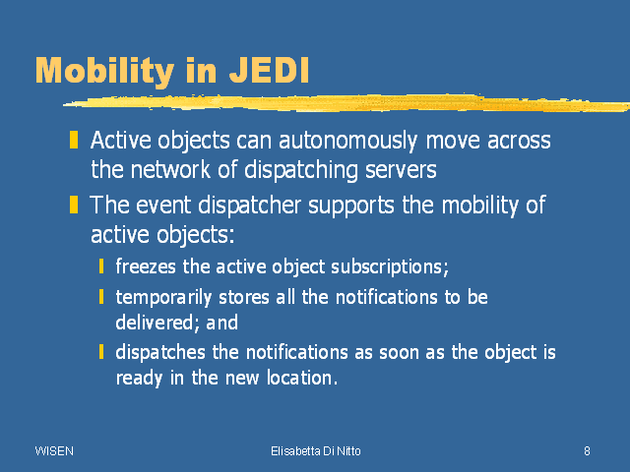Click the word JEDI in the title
[x=269, y=71]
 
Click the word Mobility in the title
[x=105, y=72]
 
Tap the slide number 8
[x=587, y=451]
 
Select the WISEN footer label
[x=54, y=451]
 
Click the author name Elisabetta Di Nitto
[x=316, y=451]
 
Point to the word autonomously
[x=347, y=142]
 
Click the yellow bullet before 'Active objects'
[x=74, y=140]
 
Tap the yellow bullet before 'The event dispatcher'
[x=74, y=205]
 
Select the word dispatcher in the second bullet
[x=249, y=206]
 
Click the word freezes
[x=146, y=266]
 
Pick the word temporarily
[x=163, y=298]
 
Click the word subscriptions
[x=390, y=267]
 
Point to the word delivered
[x=157, y=323]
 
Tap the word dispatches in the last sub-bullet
[x=160, y=353]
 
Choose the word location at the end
[x=302, y=378]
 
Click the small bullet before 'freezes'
[x=101, y=266]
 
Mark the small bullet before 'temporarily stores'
[x=101, y=297]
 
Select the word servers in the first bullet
[x=401, y=170]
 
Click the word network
[x=170, y=170]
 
